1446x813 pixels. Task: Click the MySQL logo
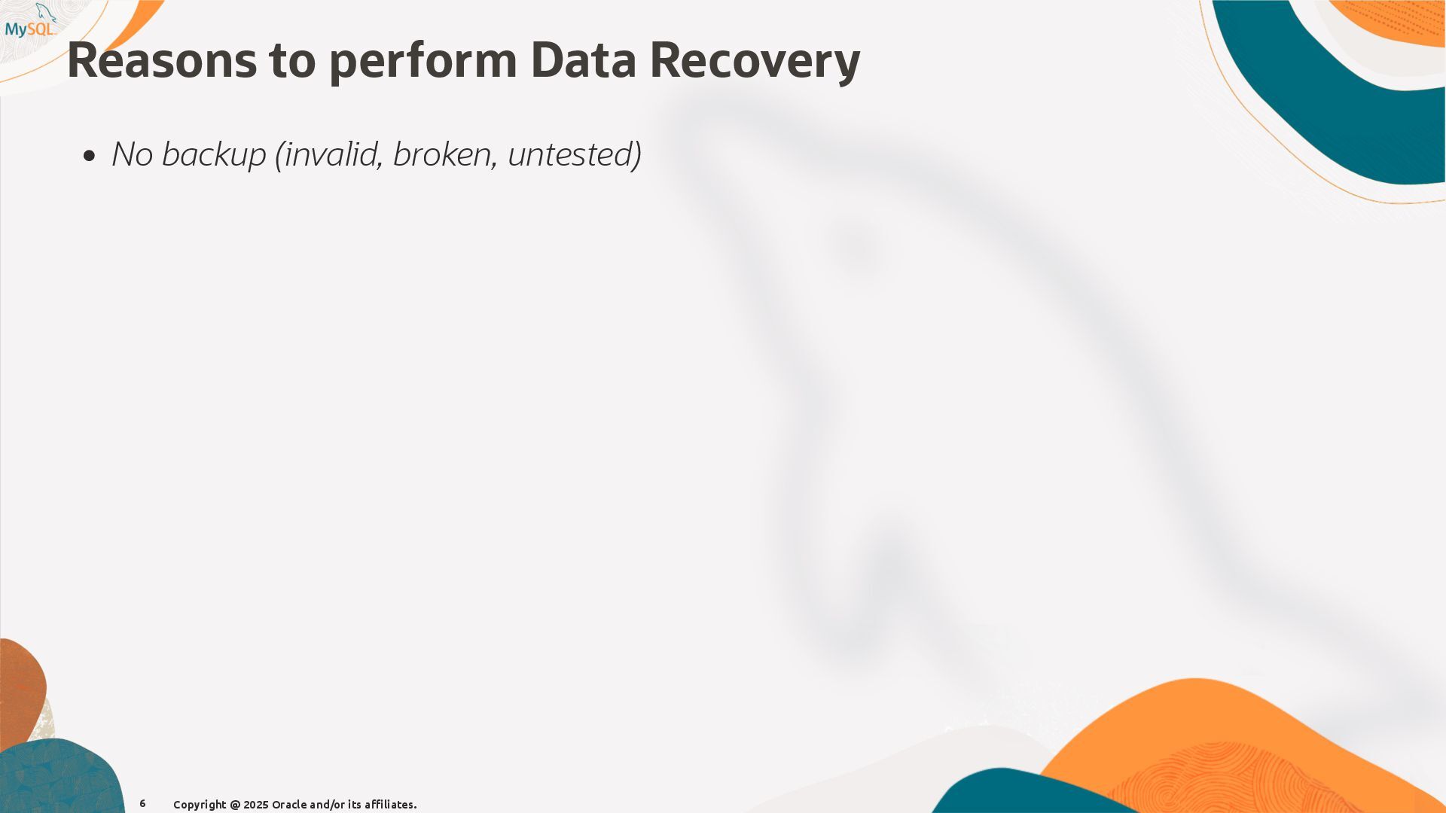(30, 23)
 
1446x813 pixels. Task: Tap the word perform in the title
(423, 62)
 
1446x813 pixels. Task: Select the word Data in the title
(583, 60)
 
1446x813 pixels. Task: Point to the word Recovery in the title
(754, 62)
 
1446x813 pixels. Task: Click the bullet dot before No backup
(90, 156)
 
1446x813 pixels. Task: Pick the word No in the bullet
(133, 154)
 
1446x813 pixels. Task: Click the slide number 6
(142, 804)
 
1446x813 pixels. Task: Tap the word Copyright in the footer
(200, 805)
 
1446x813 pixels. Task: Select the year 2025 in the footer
(255, 805)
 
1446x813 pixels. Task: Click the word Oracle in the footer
(289, 805)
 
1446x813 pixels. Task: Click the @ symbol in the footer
(235, 805)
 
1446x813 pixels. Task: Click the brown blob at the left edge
(21, 689)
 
